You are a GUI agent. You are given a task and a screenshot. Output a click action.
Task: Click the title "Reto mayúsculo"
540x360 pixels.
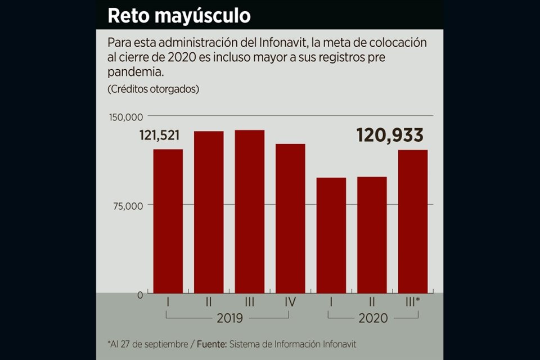(x=179, y=15)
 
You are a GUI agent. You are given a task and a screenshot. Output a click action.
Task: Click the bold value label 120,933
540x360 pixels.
(x=390, y=135)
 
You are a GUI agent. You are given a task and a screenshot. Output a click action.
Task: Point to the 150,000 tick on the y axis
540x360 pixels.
(x=125, y=116)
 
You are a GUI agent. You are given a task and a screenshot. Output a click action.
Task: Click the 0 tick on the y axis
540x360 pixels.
(x=141, y=294)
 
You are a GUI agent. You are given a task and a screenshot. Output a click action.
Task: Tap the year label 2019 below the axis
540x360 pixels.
(x=229, y=318)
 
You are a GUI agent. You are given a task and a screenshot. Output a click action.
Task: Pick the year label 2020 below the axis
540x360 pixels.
(x=373, y=318)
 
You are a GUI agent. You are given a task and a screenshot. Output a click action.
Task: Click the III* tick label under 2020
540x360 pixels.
(x=413, y=302)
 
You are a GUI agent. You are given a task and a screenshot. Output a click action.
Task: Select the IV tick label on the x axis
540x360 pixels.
(x=290, y=302)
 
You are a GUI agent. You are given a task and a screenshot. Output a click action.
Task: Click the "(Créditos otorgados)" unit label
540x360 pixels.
(x=152, y=89)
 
